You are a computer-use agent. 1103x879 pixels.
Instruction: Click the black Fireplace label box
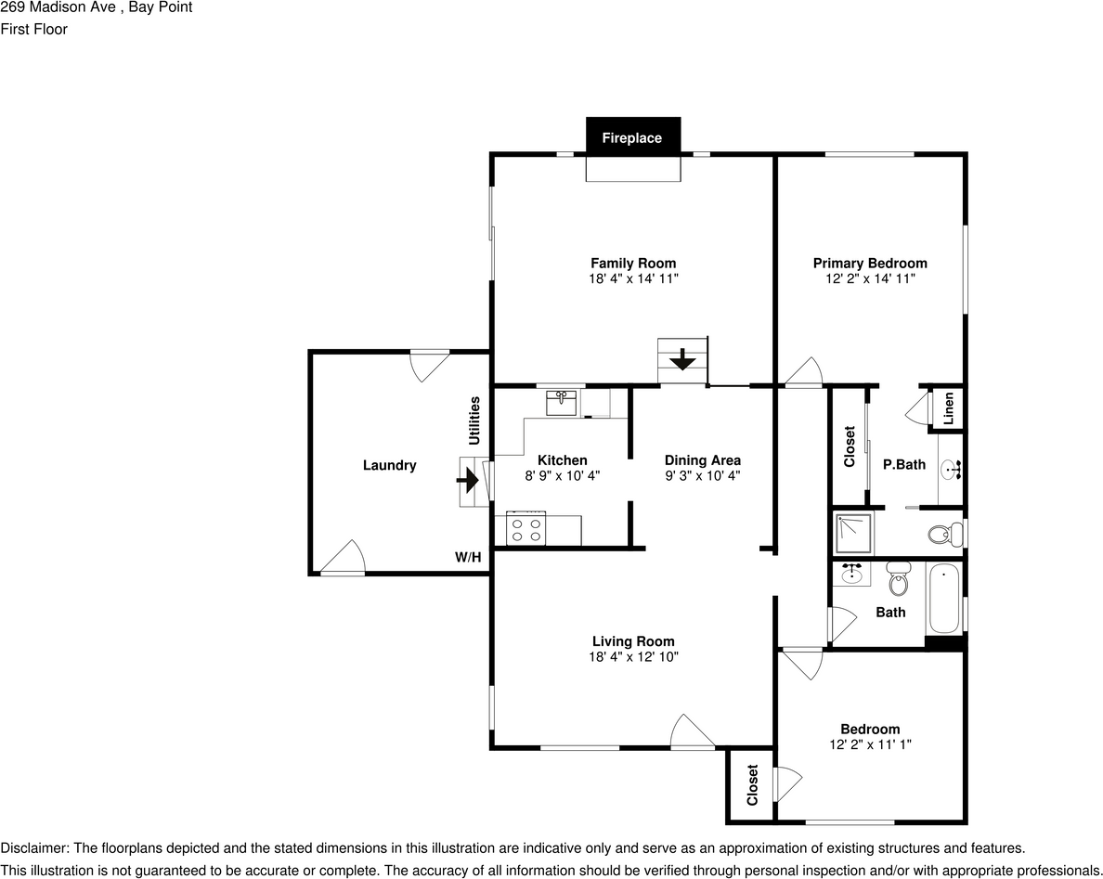[x=632, y=137]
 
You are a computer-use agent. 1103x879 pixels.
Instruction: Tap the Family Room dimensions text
[x=633, y=278]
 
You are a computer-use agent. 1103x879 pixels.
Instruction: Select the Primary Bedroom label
[x=870, y=263]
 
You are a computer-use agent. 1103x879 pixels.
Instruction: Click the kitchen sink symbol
[x=561, y=404]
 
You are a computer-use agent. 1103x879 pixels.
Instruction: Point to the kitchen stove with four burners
[x=526, y=530]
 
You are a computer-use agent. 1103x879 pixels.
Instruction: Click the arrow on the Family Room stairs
[x=682, y=358]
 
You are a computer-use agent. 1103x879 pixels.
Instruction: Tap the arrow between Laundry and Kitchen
[x=468, y=481]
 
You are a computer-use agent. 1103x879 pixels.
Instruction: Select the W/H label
[x=468, y=558]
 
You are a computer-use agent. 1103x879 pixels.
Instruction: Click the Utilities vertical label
[x=474, y=420]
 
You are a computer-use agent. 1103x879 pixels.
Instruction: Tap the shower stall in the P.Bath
[x=853, y=533]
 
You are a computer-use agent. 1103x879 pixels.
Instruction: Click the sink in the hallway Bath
[x=852, y=574]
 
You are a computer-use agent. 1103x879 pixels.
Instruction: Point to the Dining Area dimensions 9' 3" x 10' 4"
[x=702, y=475]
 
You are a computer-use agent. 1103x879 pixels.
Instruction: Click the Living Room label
[x=633, y=641]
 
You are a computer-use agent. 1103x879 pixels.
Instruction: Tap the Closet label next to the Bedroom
[x=752, y=784]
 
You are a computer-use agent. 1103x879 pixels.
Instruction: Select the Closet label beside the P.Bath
[x=849, y=446]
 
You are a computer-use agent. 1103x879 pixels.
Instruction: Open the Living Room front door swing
[x=692, y=731]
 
